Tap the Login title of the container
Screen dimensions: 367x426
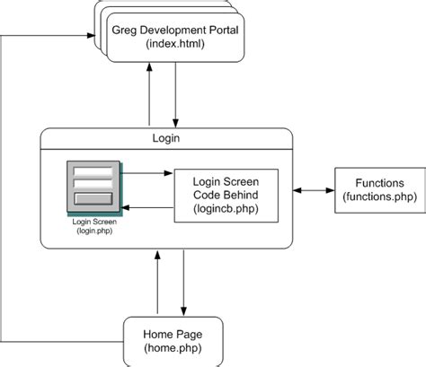(x=167, y=138)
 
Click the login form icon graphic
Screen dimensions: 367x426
(x=93, y=188)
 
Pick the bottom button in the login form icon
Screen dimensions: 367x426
(x=93, y=199)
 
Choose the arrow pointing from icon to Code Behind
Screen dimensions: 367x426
(x=147, y=174)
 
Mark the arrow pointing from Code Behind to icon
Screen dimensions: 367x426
(x=147, y=208)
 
